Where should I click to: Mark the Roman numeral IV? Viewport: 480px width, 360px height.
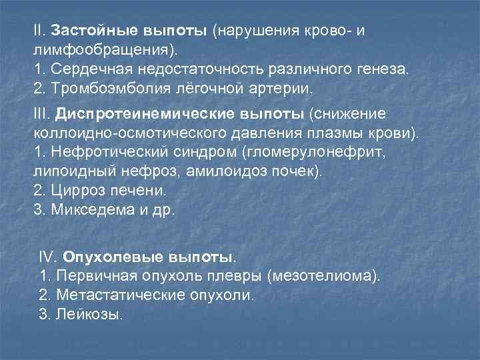point(49,257)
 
